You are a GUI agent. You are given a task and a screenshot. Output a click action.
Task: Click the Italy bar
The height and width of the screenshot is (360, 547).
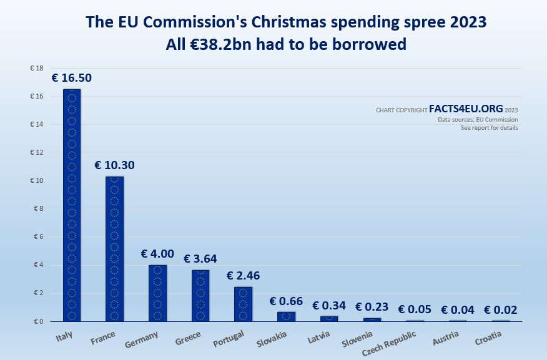point(72,205)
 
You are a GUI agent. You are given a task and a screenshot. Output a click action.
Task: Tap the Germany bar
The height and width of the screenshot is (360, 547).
point(157,293)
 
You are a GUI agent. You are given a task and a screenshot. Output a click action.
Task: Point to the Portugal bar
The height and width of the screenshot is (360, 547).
point(243,304)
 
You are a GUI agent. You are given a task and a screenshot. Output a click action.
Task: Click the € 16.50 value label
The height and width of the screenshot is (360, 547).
point(72,78)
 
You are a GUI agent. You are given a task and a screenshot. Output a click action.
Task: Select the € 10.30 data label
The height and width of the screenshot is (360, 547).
point(114,165)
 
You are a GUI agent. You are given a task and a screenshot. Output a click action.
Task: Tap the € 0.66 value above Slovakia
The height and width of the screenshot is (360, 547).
point(286,301)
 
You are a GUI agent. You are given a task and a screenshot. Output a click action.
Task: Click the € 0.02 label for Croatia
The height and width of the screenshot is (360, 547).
point(500,309)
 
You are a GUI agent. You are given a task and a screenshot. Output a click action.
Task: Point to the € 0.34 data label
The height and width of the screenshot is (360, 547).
point(328,306)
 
